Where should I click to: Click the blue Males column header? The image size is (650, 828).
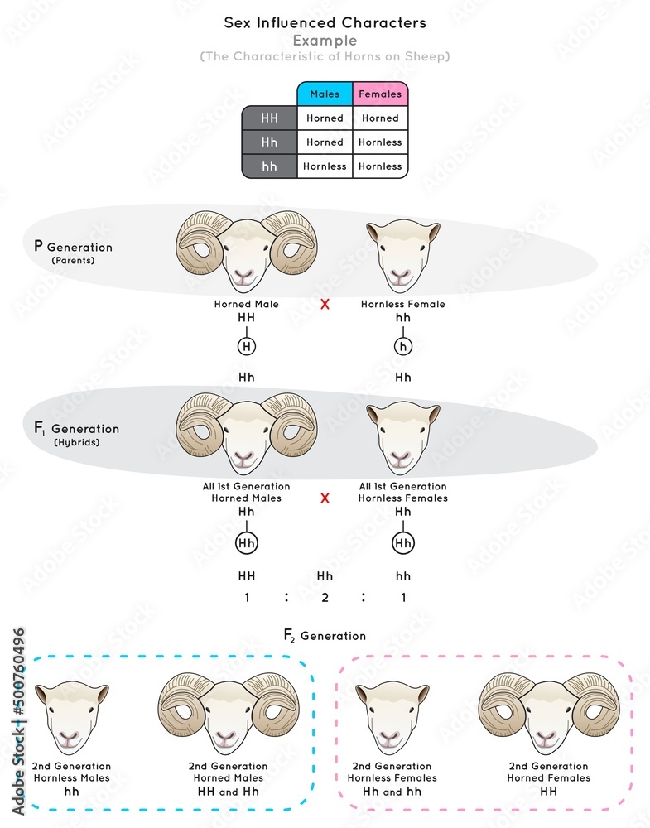(325, 94)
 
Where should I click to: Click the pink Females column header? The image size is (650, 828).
(380, 94)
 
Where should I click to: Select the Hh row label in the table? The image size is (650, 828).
(270, 142)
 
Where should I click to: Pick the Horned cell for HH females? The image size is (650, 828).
(380, 118)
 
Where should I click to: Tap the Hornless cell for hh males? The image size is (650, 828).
(325, 166)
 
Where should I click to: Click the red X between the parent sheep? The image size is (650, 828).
(325, 304)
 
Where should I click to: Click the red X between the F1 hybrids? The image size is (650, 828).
(325, 498)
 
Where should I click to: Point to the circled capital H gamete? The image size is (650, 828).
(247, 348)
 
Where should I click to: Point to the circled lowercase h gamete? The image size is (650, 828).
(403, 348)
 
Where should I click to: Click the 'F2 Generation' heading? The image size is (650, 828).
(325, 636)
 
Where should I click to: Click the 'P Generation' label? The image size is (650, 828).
(72, 247)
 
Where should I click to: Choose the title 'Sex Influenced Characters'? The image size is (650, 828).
(325, 23)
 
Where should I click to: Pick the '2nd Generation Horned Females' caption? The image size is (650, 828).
(548, 772)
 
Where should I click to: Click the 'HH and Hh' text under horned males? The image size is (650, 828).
(228, 792)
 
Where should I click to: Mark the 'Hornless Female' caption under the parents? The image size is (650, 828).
(403, 304)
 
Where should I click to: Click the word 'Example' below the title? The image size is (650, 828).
(325, 41)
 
